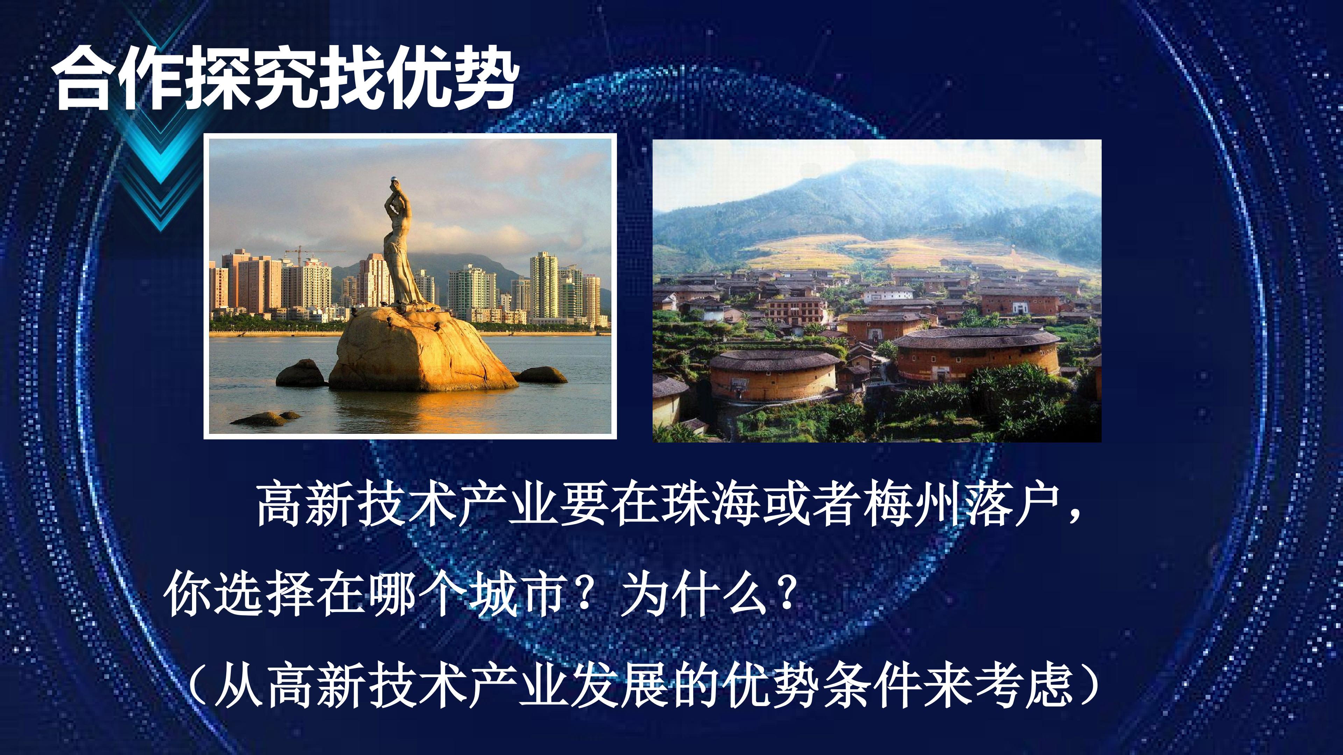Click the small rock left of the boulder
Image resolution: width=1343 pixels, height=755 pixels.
tap(301, 373)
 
